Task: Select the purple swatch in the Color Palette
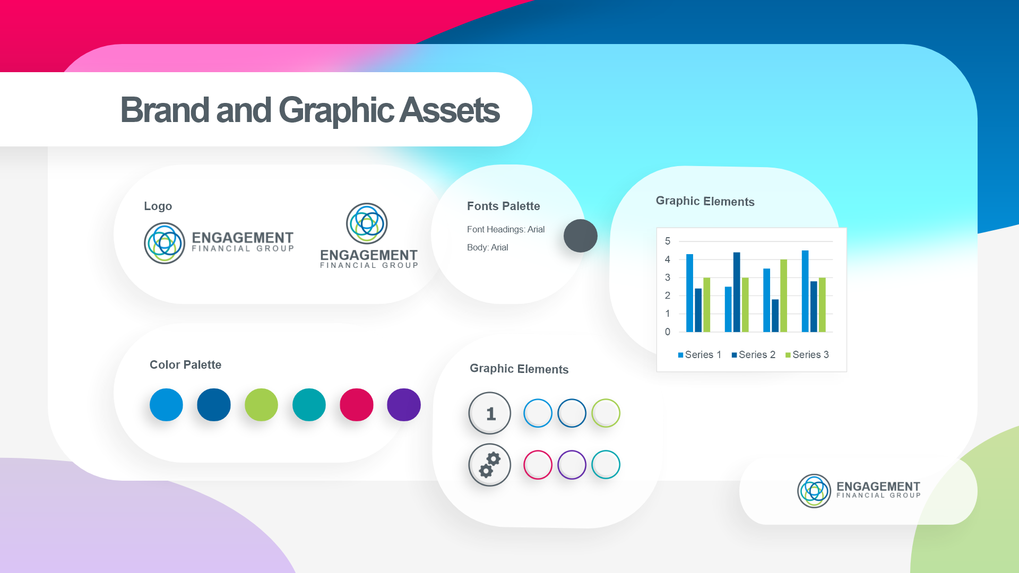coord(404,405)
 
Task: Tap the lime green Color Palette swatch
coord(261,405)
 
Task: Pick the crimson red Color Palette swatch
coord(357,405)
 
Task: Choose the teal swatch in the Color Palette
coord(309,405)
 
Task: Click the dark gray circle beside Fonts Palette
coord(581,236)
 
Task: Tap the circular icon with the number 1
coord(490,413)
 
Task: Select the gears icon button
coord(490,465)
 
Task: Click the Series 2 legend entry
coord(754,355)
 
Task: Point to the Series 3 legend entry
coord(807,355)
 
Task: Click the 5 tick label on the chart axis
coord(668,241)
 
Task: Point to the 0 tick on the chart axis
coord(668,332)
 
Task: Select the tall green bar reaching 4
coord(783,296)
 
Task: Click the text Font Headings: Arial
coord(506,229)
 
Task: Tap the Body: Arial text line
coord(488,247)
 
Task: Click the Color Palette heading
coord(185,364)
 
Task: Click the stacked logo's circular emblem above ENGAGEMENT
coord(367,223)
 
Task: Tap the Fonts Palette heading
coord(504,206)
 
